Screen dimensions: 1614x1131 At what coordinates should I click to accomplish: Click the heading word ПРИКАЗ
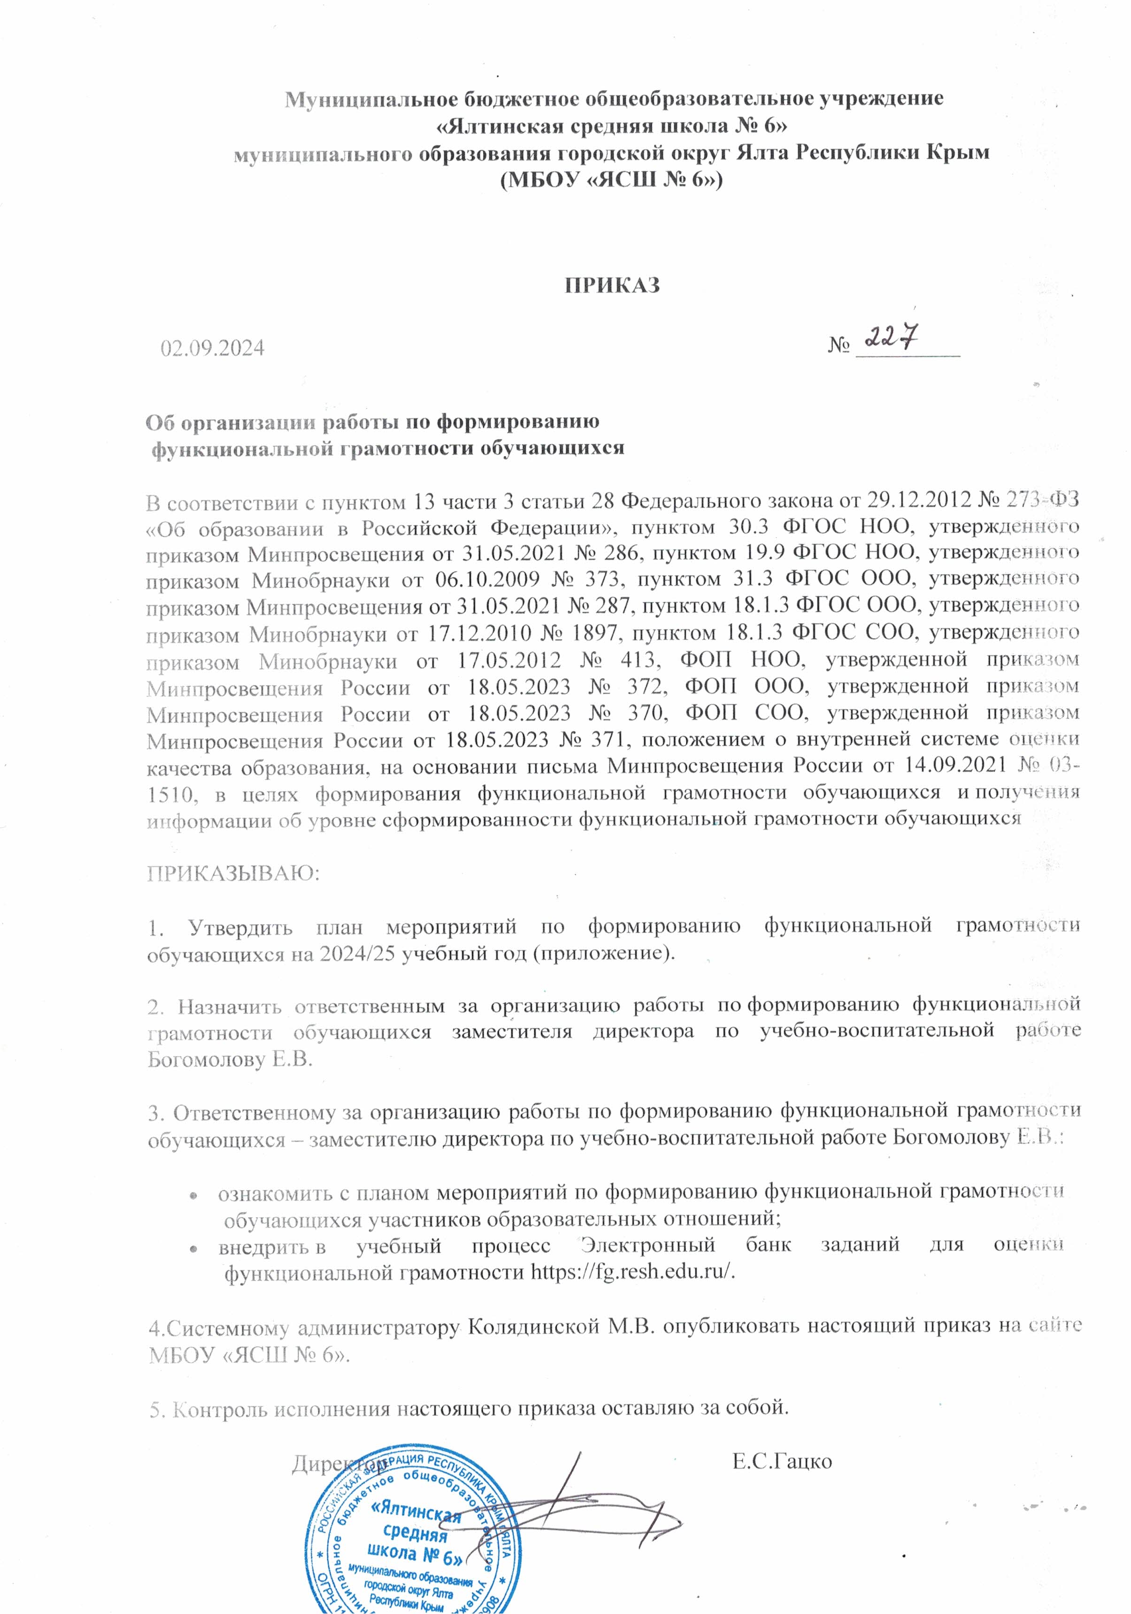[612, 286]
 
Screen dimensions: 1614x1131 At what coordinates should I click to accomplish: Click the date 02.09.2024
[212, 348]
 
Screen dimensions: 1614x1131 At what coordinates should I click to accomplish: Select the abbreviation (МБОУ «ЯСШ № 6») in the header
[611, 180]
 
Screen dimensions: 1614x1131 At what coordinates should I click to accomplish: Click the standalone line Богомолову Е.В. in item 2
[230, 1058]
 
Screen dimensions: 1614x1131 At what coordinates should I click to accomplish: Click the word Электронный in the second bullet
[647, 1245]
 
